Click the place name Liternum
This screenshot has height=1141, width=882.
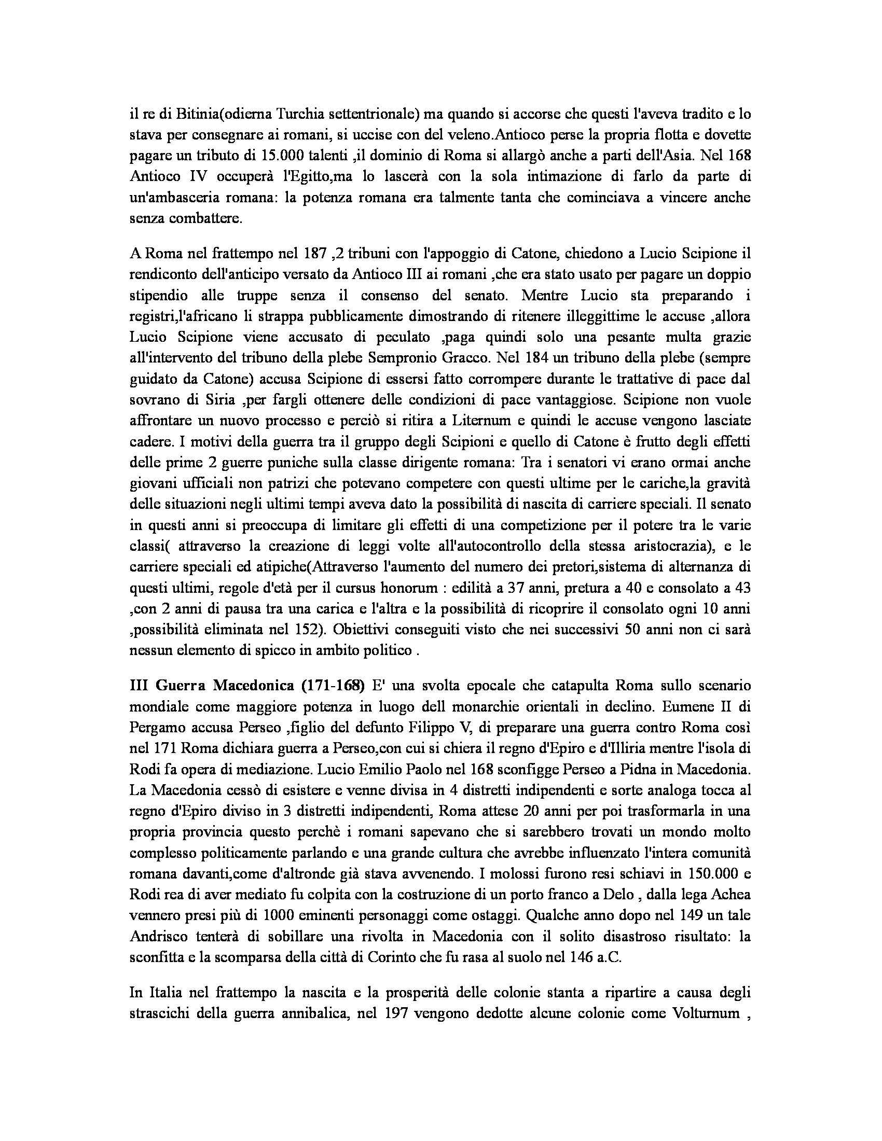[449, 421]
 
